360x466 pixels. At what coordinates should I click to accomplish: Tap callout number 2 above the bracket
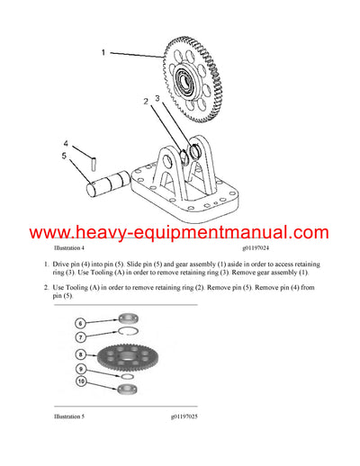144,102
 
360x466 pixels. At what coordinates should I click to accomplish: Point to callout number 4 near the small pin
65,143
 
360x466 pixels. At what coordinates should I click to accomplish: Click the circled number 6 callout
80,322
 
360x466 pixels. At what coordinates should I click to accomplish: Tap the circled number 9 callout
80,369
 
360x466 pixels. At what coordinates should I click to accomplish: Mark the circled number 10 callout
80,382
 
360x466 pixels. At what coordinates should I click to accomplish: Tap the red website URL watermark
180,232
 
